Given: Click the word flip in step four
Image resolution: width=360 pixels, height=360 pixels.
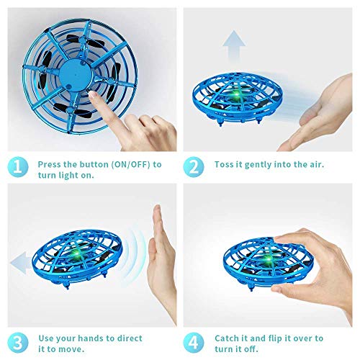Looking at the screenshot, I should tap(288, 338).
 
